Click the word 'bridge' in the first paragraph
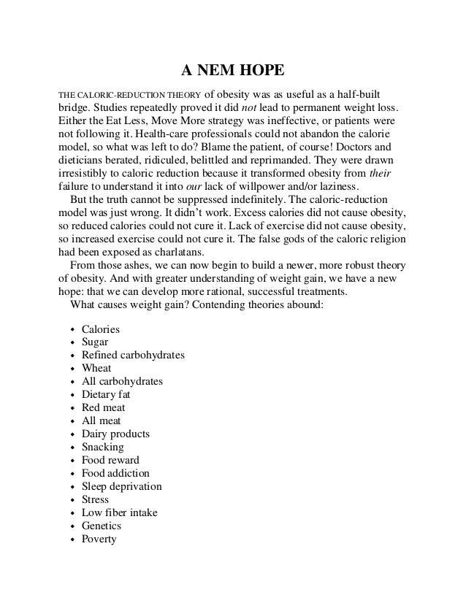click(x=73, y=110)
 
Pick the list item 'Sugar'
click(x=95, y=342)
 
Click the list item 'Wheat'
click(x=96, y=368)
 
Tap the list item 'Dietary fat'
click(x=106, y=394)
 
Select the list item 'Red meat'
click(x=103, y=407)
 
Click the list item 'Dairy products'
click(x=115, y=434)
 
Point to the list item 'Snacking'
click(x=103, y=447)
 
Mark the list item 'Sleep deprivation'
click(x=122, y=486)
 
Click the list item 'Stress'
click(x=95, y=499)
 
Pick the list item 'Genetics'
click(x=102, y=526)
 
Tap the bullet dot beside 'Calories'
click(x=71, y=330)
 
